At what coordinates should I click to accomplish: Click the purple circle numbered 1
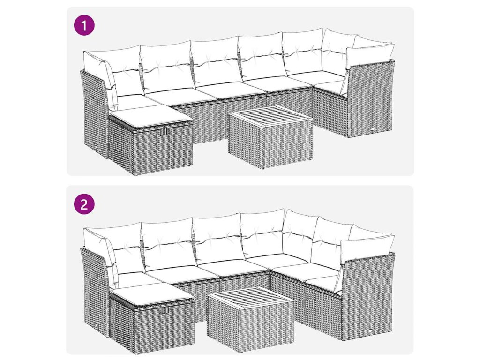point(84,25)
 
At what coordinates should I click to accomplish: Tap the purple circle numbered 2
point(84,203)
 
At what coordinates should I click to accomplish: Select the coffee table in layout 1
point(270,137)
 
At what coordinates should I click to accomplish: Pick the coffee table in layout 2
point(250,319)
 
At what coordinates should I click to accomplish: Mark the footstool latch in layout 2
point(166,310)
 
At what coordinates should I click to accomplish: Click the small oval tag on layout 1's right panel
point(375,129)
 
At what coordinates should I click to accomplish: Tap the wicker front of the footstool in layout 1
point(164,150)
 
